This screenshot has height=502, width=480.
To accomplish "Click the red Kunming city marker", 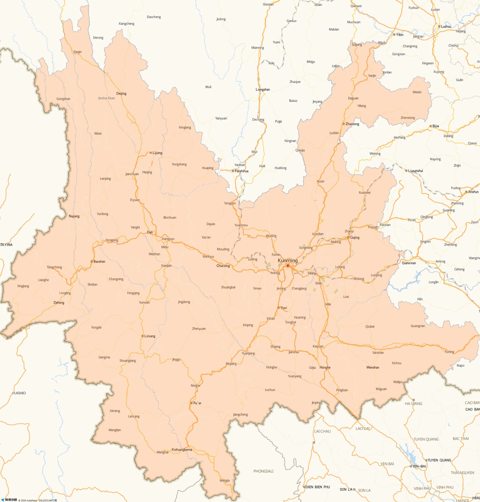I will pyautogui.click(x=288, y=265).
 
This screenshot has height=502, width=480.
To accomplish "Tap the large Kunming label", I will pyautogui.click(x=288, y=260).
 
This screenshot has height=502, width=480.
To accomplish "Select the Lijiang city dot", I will pyautogui.click(x=151, y=153).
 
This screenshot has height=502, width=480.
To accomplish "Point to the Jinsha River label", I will pyautogui.click(x=106, y=98).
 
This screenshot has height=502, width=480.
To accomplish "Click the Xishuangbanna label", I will pyautogui.click(x=182, y=450).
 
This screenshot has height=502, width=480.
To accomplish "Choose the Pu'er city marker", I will pyautogui.click(x=191, y=403).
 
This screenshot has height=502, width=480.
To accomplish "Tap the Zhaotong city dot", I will pyautogui.click(x=344, y=124).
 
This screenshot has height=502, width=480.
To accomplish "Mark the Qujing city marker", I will pyautogui.click(x=348, y=237).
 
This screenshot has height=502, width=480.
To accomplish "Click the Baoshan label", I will pyautogui.click(x=99, y=261).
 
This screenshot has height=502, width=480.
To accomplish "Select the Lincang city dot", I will pyautogui.click(x=142, y=336).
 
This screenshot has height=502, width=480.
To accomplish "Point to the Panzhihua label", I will pyautogui.click(x=242, y=171).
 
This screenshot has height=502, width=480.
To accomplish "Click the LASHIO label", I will pyautogui.click(x=20, y=393).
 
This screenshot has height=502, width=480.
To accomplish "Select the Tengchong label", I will pyautogui.click(x=54, y=267).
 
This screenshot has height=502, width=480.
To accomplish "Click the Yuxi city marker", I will pyautogui.click(x=279, y=308).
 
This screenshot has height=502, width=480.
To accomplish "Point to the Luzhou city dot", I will pyautogui.click(x=439, y=26).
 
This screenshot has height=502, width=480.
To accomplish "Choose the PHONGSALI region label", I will pyautogui.click(x=263, y=471).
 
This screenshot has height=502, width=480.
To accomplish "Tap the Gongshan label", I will pyautogui.click(x=63, y=99).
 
